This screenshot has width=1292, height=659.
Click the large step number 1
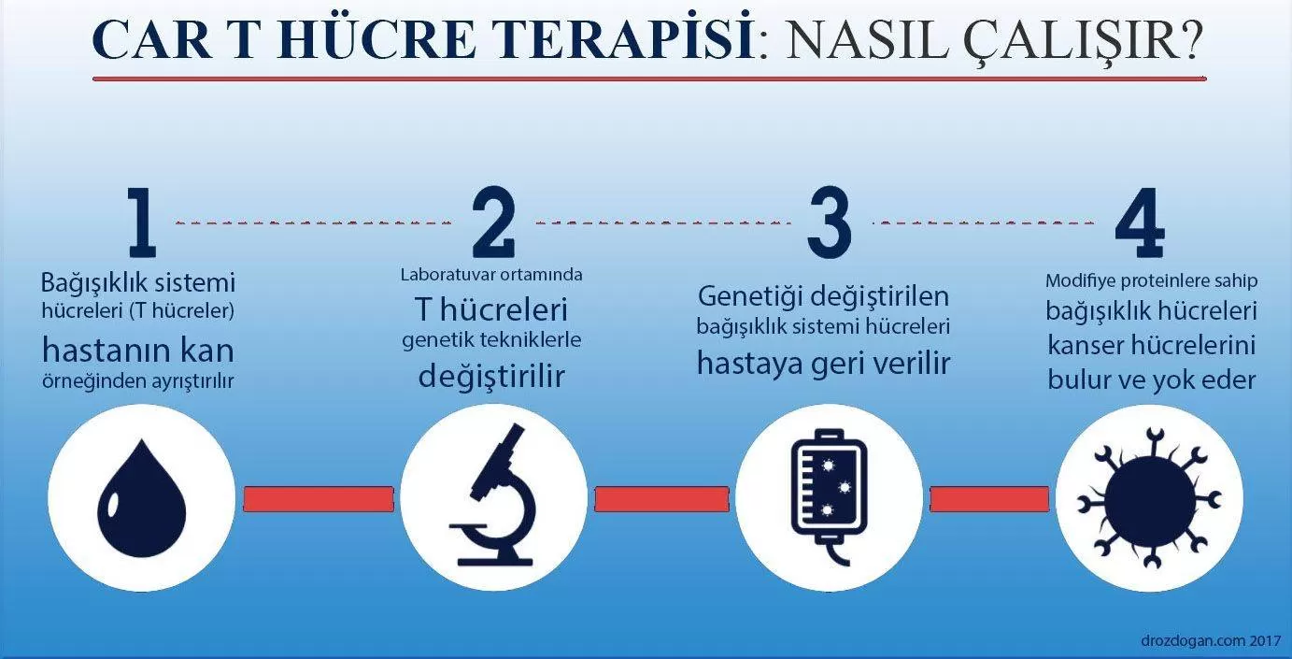tap(143, 222)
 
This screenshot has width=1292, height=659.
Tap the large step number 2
tap(493, 222)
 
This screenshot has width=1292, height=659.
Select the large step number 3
tap(830, 222)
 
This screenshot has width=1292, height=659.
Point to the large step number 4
tap(1140, 222)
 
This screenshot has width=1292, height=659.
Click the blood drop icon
tap(142, 499)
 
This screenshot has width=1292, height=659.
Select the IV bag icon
tap(830, 495)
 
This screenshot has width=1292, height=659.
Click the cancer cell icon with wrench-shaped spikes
tap(1149, 497)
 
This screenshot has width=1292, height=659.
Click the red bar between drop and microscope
tap(319, 499)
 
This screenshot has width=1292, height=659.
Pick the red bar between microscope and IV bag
tap(661, 499)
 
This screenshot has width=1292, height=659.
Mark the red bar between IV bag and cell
tap(989, 499)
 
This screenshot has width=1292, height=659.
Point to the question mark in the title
tap(1186, 39)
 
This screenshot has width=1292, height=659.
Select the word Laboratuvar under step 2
tap(447, 274)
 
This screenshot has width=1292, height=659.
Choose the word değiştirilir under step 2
tap(491, 377)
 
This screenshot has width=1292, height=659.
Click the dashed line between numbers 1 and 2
tap(313, 222)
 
